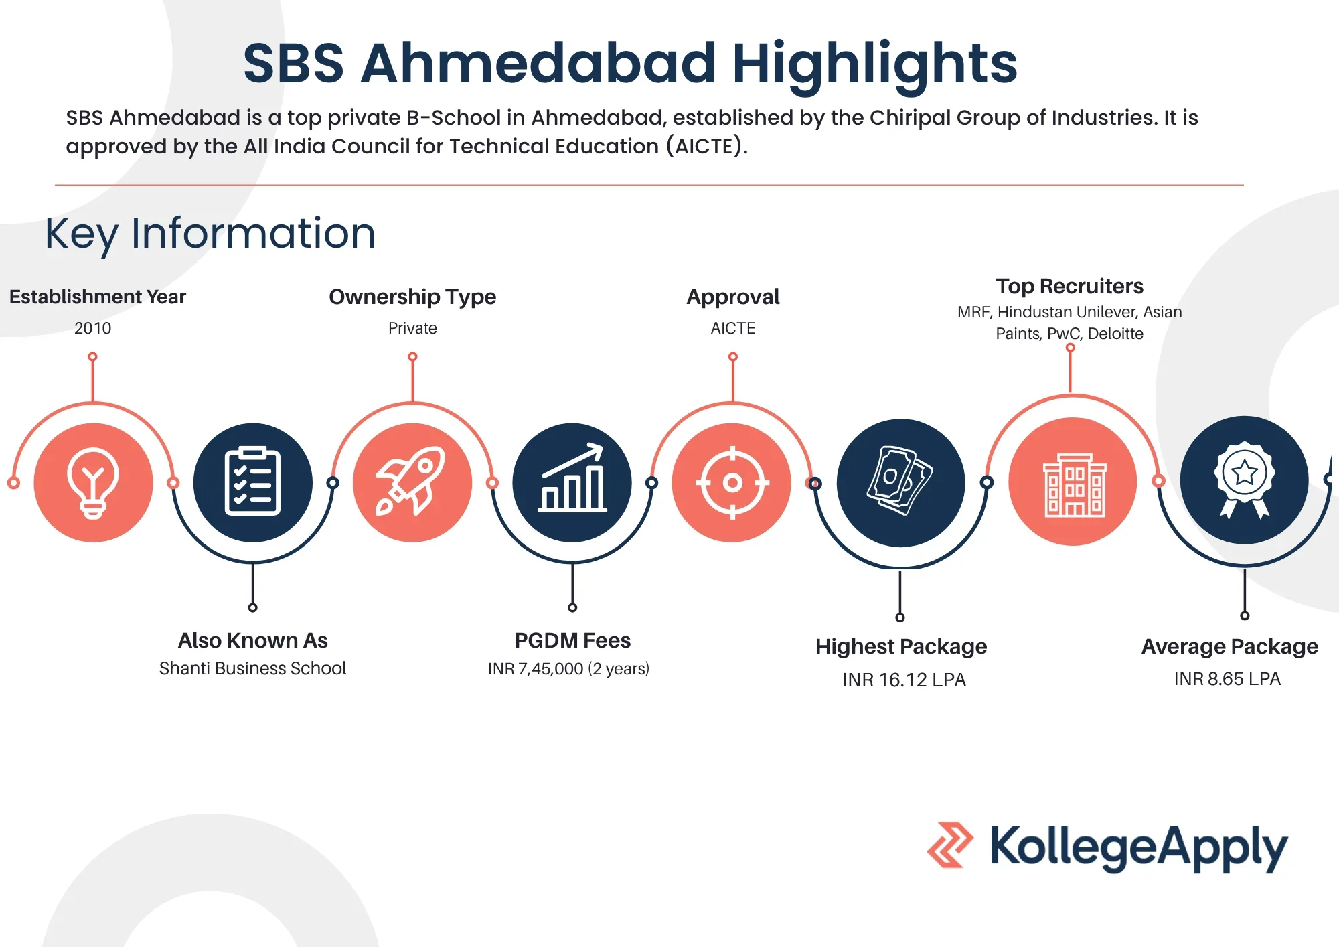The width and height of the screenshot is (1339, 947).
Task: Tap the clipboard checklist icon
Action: click(252, 481)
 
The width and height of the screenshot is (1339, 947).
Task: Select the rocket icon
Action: click(411, 482)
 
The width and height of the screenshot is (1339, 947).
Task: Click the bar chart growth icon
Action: click(572, 478)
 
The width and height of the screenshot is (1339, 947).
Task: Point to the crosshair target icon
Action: click(732, 482)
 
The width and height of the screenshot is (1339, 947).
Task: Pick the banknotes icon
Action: click(900, 480)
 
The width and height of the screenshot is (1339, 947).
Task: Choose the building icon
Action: click(1075, 485)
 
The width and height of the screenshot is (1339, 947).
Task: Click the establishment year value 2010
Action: click(93, 328)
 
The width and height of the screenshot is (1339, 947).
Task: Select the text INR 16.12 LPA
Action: click(904, 680)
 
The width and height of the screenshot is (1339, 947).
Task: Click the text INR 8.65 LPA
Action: click(1227, 679)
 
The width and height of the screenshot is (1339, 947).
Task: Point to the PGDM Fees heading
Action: click(572, 640)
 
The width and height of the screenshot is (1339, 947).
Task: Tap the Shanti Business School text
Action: click(252, 668)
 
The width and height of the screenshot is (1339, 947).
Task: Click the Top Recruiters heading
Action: click(1070, 286)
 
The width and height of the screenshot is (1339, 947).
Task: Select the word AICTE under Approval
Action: click(733, 328)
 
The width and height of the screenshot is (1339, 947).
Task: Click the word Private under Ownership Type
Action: click(412, 328)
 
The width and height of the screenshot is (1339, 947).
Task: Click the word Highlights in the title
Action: click(875, 64)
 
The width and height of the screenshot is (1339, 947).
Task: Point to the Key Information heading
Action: click(210, 234)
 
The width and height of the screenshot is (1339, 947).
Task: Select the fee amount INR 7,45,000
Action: click(536, 669)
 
